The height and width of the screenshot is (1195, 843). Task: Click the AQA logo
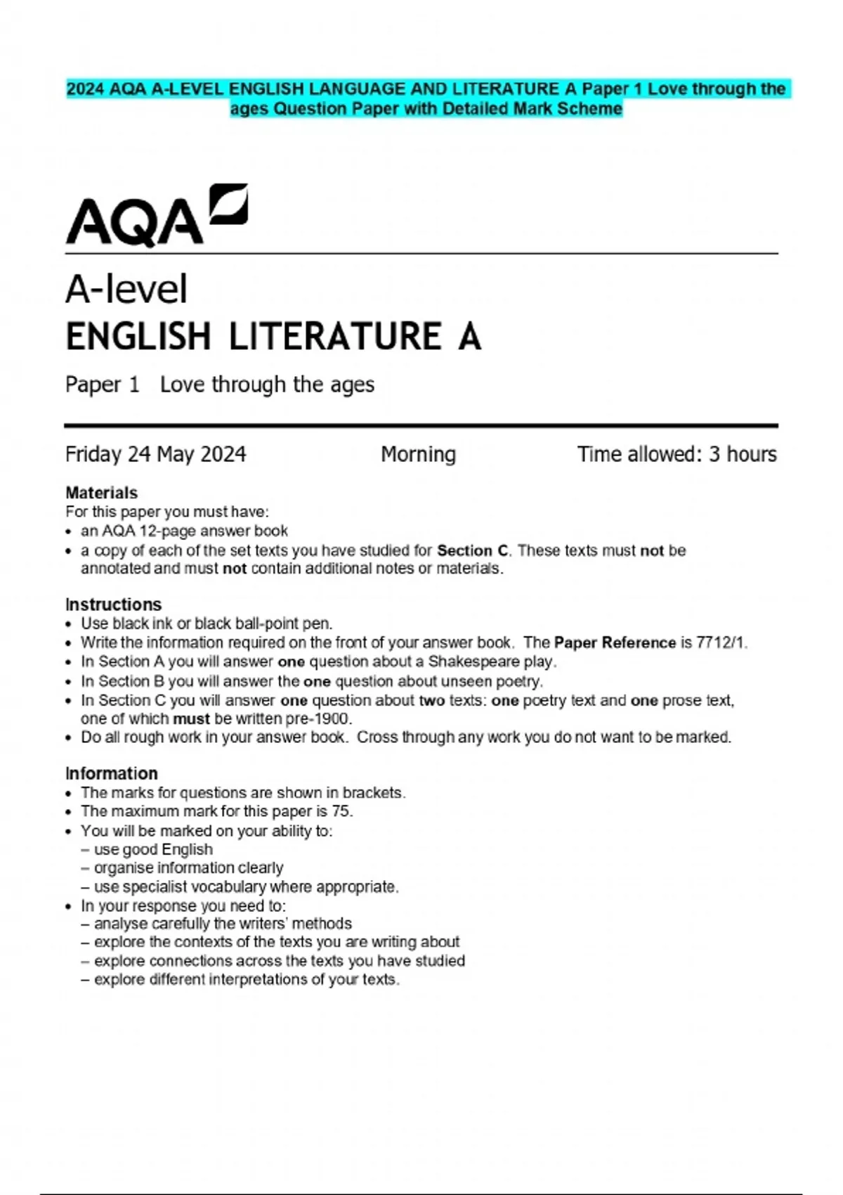pos(156,216)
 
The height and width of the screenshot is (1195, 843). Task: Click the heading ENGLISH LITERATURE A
pos(273,336)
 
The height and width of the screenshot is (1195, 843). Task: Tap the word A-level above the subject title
pos(126,289)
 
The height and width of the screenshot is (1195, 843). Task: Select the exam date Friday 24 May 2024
pos(155,454)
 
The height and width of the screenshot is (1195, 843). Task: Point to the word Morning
pos(418,454)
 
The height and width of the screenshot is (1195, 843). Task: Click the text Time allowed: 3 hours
pos(677,454)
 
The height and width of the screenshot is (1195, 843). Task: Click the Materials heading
pos(101,493)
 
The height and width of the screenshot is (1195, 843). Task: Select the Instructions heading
pos(113,605)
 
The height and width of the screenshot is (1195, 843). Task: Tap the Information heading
pos(111,773)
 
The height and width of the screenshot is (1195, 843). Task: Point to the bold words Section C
pos(472,550)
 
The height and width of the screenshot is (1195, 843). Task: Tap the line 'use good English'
pos(153,849)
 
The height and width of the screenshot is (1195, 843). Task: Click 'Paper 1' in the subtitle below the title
pos(102,385)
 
